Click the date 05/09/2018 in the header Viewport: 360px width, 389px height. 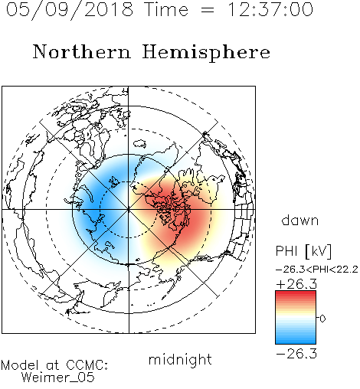tap(70, 9)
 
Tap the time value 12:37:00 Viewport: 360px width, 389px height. tap(270, 9)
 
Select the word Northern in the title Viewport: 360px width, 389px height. tap(82, 51)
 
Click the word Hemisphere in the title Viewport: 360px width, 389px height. tap(206, 53)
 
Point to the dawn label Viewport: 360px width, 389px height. tap(300, 220)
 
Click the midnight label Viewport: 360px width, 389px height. tap(180, 359)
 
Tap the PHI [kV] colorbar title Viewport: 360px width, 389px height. tap(304, 251)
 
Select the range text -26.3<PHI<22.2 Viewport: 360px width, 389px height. tap(317, 270)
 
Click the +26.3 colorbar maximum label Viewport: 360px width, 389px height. tap(296, 284)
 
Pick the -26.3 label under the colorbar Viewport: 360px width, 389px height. tap(296, 354)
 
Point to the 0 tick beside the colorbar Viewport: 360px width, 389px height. tap(322, 319)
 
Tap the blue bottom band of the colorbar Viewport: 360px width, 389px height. tap(296, 340)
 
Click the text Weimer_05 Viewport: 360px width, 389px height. tap(58, 378)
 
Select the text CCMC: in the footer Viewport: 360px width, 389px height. tap(87, 365)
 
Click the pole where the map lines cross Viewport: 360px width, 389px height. tap(129, 209)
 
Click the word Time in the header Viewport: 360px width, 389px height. tap(166, 9)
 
